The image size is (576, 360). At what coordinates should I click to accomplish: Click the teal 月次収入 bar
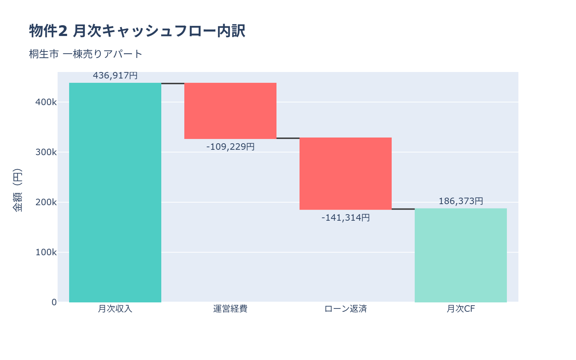115,193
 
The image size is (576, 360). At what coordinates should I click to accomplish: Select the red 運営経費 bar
230,111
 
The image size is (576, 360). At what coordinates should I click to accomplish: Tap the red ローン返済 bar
346,174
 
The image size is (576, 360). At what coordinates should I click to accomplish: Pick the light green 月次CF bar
461,255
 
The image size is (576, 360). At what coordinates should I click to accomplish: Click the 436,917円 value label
115,76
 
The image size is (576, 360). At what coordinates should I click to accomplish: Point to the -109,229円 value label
230,147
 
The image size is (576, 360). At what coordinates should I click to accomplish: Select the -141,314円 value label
346,218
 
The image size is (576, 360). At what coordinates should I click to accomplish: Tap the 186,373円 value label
461,201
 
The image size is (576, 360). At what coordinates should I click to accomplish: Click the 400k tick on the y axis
46,102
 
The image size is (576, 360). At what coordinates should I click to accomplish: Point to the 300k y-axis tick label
46,152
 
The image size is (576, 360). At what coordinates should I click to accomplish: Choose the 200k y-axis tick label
46,202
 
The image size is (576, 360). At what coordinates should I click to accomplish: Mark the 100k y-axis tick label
46,252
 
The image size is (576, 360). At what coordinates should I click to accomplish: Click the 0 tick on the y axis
54,302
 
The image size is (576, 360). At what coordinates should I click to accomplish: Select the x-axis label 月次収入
115,309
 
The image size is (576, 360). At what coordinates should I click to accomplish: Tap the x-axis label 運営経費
230,309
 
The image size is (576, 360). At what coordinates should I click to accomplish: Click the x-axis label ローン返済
346,309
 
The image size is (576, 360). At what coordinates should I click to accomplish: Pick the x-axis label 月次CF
461,309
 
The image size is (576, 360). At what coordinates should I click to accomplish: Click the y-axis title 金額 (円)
17,190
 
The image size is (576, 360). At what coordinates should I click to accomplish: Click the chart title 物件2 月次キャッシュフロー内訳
137,31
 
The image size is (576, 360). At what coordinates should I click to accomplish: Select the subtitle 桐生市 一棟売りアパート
86,54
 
